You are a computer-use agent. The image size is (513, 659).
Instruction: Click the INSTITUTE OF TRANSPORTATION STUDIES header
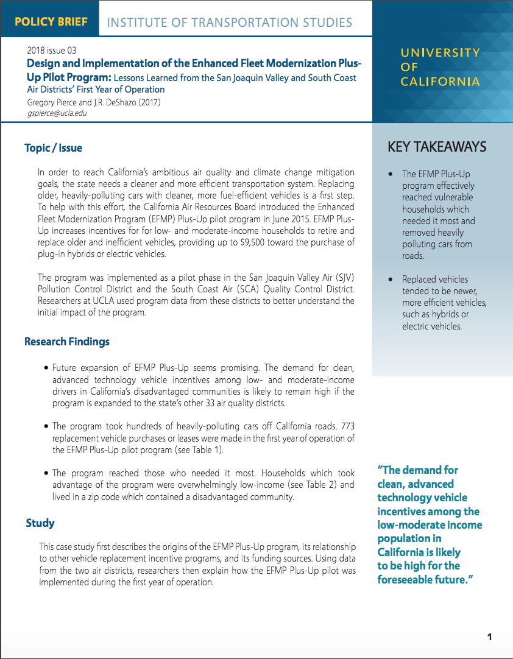[229, 23]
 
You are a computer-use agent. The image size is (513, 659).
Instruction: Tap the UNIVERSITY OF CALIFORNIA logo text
[440, 67]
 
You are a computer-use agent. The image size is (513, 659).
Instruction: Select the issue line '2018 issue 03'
[52, 50]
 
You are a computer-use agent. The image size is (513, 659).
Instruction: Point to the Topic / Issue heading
[53, 148]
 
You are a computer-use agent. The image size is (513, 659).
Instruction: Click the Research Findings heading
[67, 341]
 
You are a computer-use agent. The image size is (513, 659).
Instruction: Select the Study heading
[40, 523]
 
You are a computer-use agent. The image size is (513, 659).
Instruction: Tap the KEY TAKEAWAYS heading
[437, 147]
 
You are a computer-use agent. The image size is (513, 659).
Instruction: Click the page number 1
[489, 637]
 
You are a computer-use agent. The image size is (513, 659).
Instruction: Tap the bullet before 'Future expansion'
[46, 368]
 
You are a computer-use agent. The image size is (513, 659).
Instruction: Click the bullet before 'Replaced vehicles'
[390, 280]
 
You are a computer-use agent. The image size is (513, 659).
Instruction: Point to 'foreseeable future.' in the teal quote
[425, 579]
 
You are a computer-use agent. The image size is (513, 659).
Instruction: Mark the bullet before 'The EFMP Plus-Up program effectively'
[390, 174]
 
